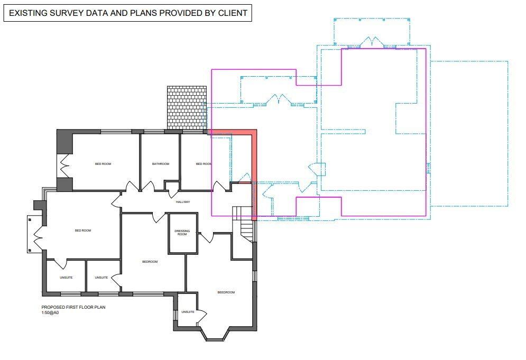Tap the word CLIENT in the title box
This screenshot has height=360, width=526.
[232, 13]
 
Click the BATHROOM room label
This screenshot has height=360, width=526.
[160, 164]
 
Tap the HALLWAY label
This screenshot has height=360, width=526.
[182, 202]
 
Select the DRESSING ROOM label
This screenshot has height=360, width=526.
[182, 233]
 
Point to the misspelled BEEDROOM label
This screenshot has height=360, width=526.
[226, 292]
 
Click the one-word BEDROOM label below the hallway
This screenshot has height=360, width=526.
[150, 262]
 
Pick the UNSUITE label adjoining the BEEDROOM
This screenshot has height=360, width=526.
[188, 312]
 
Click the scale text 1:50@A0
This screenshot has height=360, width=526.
[50, 312]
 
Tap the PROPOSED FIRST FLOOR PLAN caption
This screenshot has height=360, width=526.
[70, 307]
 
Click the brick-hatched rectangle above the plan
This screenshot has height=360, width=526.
[186, 107]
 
